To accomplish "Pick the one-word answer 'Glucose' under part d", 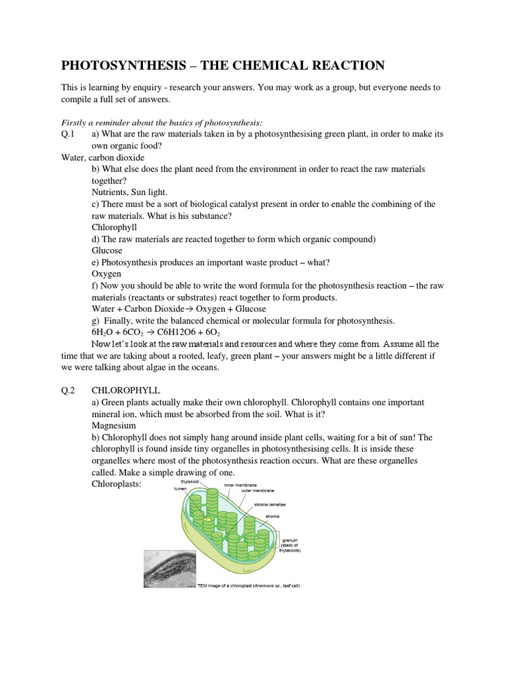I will pos(107,250).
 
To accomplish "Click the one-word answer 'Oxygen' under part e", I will pos(106,274).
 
